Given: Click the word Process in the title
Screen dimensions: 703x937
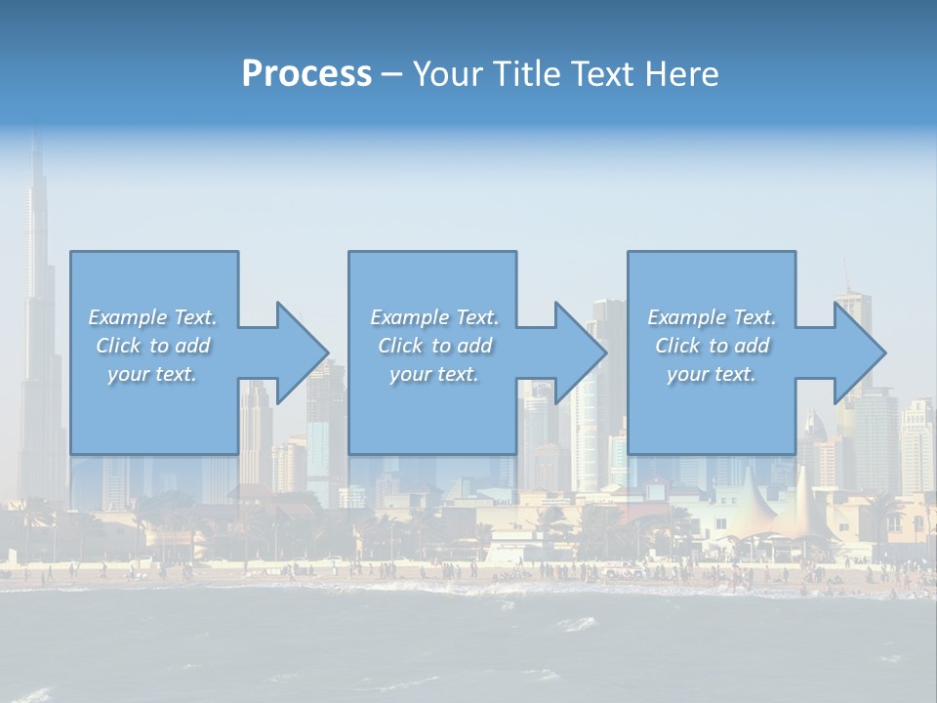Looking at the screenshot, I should (306, 74).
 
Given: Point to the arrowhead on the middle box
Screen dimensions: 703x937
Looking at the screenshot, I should (579, 352).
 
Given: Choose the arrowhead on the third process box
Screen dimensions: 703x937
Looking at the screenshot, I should (858, 352).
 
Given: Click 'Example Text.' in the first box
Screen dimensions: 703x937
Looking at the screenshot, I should (153, 317).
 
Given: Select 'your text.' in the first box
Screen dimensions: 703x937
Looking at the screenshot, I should (153, 374).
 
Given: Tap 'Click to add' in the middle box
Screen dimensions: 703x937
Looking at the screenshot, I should (434, 346).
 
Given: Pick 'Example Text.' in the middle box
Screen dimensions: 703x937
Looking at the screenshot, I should (434, 317).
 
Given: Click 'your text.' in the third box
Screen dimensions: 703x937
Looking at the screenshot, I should (712, 374).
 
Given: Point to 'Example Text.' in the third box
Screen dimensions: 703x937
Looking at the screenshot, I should (712, 317).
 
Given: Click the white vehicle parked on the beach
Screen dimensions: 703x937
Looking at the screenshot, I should (623, 570).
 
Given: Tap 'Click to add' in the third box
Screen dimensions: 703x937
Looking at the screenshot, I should (712, 346).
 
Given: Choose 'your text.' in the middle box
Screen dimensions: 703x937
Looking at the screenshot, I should (434, 374).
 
